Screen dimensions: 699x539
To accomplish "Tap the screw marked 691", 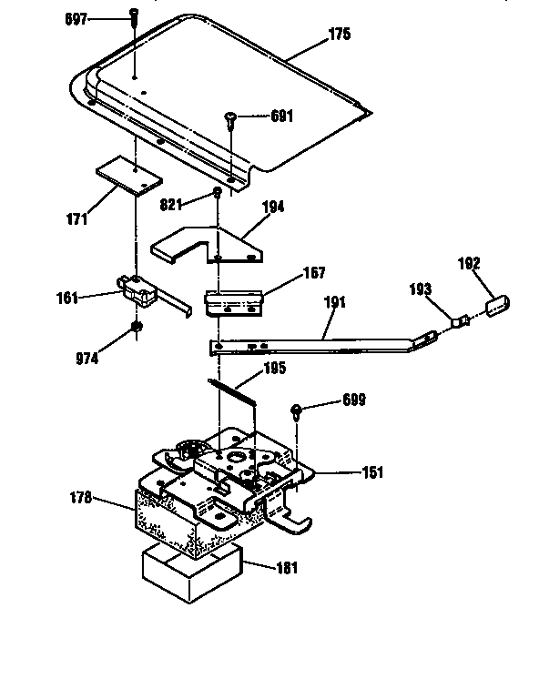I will tap(229, 117).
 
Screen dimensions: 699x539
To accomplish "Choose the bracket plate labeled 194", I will tap(208, 244).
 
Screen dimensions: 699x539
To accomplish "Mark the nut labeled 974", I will tap(136, 329).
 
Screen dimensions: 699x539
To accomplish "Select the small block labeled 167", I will tap(235, 301).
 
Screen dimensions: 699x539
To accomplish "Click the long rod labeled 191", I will tap(319, 343).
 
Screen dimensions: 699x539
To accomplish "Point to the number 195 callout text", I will tap(273, 369).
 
